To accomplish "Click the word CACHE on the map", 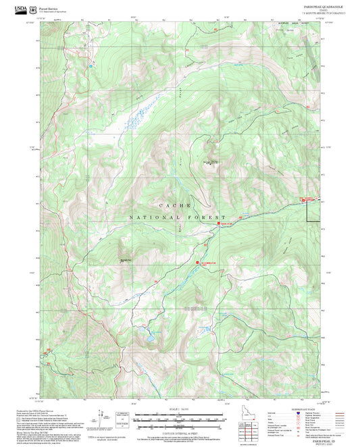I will click(x=175, y=205).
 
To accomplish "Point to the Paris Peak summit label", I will click(x=211, y=162).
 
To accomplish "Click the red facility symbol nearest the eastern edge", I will click(x=302, y=198).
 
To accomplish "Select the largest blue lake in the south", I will click(x=147, y=335).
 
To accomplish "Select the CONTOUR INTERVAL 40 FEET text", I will click(x=180, y=433).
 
